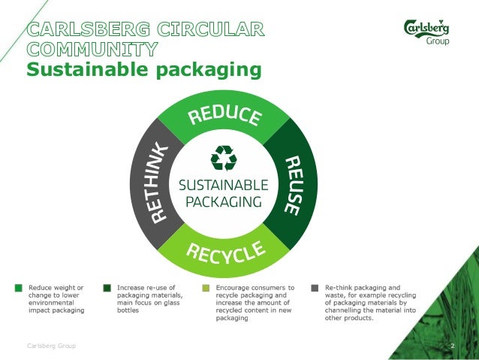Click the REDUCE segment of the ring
224,116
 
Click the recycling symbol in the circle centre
224,158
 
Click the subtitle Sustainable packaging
144,71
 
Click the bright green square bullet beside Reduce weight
18,288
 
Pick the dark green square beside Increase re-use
107,288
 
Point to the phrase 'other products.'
350,317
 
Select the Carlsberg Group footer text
51,346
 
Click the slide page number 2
453,346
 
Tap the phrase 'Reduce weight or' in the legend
56,288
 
